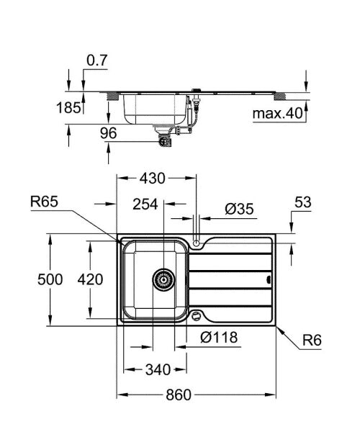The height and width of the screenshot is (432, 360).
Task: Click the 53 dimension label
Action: [x=302, y=204]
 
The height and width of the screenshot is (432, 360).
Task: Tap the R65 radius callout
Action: [x=45, y=204]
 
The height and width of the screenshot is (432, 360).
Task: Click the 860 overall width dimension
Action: [x=194, y=396]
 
